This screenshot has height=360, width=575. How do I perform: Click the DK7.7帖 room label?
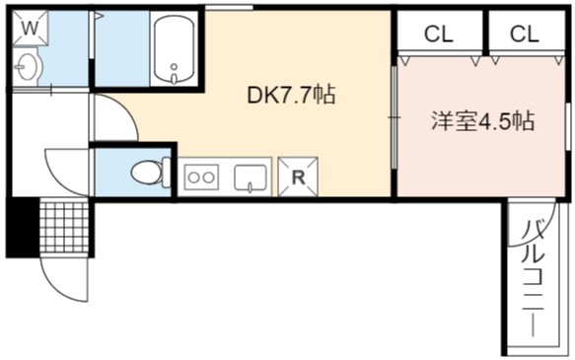tap(292, 95)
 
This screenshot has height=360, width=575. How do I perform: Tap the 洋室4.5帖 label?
tap(482, 120)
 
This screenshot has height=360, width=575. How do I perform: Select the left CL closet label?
tap(439, 35)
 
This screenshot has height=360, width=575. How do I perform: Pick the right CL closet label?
tap(525, 35)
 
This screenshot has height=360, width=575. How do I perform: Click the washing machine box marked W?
tap(30, 28)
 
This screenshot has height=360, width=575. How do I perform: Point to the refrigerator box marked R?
tap(298, 178)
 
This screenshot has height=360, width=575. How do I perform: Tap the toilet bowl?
tap(147, 173)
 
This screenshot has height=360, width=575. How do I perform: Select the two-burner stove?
tap(201, 178)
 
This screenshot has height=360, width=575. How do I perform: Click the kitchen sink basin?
tap(251, 178)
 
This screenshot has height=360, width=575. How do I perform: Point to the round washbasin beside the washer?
tap(28, 67)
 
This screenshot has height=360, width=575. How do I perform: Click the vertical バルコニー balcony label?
tap(532, 277)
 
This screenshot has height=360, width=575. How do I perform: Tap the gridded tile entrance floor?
tap(64, 226)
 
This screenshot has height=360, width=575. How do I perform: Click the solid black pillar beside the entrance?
tap(23, 227)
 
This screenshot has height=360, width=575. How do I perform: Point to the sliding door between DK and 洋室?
tap(395, 117)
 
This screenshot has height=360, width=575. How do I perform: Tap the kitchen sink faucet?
tap(251, 187)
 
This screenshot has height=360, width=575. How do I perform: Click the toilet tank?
tap(167, 173)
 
